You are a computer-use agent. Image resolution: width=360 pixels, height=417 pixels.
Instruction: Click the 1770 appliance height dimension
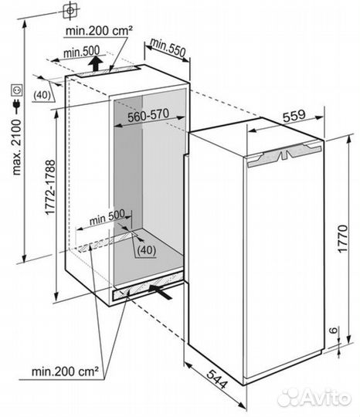coord(343,239)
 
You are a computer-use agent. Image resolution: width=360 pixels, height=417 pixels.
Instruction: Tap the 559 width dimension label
coord(294,116)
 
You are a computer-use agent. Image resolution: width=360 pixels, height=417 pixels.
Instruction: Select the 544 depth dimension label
coord(217,378)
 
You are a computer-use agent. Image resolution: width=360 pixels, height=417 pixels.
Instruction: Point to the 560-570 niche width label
coord(148,115)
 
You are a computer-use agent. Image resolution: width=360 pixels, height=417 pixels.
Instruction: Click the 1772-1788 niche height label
coord(50,187)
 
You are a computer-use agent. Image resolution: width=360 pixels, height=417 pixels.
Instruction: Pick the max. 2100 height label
coord(16,147)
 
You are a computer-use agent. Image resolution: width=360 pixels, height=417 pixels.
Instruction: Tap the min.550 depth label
coord(168,48)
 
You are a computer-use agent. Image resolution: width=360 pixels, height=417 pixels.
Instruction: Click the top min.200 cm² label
coord(99,31)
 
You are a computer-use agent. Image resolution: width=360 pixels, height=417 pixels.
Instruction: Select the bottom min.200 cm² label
coord(65,371)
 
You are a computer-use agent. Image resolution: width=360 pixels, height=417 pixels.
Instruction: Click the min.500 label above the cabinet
coord(81,53)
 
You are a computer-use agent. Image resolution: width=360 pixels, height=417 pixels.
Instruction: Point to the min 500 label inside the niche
coord(107,218)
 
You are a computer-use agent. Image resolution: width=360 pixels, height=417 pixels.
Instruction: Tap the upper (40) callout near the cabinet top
coord(42,95)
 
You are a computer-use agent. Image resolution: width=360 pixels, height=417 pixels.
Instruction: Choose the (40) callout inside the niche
coord(147,250)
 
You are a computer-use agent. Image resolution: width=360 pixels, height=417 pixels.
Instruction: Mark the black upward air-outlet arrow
coord(96,63)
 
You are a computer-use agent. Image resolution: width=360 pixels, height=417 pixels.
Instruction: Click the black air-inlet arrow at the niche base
coord(161,291)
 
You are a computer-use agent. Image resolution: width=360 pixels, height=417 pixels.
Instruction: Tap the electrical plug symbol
coord(16,106)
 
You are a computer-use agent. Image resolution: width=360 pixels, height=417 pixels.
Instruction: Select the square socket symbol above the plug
coord(16,90)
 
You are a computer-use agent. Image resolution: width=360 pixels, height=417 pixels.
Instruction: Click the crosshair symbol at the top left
coord(70,11)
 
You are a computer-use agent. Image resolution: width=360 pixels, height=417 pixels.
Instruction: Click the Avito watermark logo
coord(314,398)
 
